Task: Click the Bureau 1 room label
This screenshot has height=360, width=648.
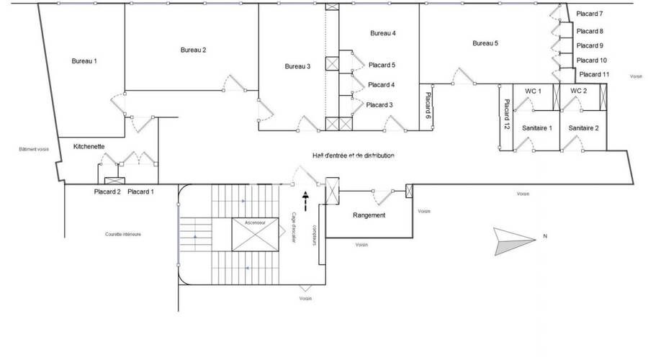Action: click(84, 61)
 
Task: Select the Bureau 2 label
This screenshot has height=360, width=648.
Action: click(193, 50)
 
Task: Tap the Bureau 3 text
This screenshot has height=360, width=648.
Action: click(297, 66)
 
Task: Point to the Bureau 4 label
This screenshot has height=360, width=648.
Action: click(383, 33)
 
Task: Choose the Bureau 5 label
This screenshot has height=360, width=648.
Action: click(485, 43)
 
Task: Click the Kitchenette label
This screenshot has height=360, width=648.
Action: click(89, 146)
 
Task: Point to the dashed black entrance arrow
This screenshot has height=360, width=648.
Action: click(307, 201)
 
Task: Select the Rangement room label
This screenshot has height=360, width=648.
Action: click(369, 215)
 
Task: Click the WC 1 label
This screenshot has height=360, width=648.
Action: click(533, 91)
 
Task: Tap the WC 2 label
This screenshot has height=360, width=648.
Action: click(579, 91)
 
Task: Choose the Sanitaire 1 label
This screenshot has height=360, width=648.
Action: click(536, 127)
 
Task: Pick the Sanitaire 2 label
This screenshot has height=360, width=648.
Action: click(583, 127)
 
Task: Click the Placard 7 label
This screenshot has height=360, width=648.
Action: click(590, 14)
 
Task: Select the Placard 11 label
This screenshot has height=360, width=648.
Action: click(594, 74)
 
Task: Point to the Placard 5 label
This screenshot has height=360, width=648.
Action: click(382, 65)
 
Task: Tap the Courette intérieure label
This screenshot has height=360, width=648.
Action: click(123, 234)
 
